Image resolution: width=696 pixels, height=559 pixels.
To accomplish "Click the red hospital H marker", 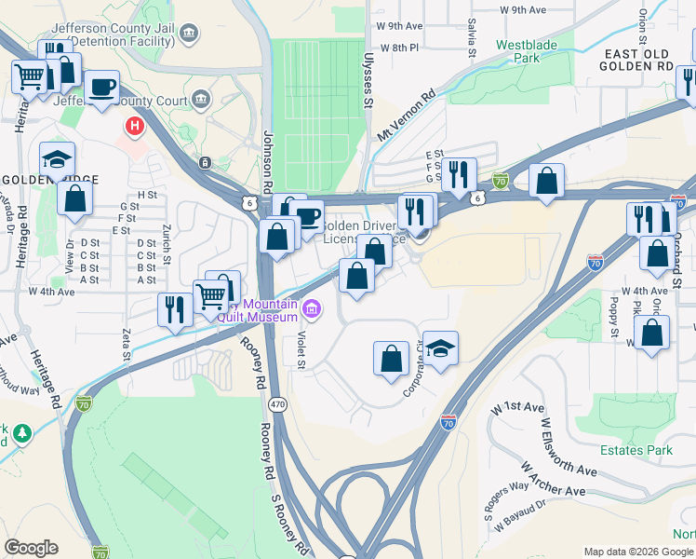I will coord(136,125).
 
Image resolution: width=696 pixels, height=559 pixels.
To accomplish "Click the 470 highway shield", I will coord(277,404).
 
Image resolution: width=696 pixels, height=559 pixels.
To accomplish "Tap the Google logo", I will coord(31,548).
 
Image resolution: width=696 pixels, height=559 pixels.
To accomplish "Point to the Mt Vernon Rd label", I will coord(407,116).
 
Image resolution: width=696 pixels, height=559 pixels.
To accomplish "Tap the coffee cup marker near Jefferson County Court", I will coord(101,87).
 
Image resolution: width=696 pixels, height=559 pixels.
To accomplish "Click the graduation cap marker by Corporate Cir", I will coord(441,348).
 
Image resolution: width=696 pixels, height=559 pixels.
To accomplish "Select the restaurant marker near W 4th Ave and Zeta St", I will coord(175,307).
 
